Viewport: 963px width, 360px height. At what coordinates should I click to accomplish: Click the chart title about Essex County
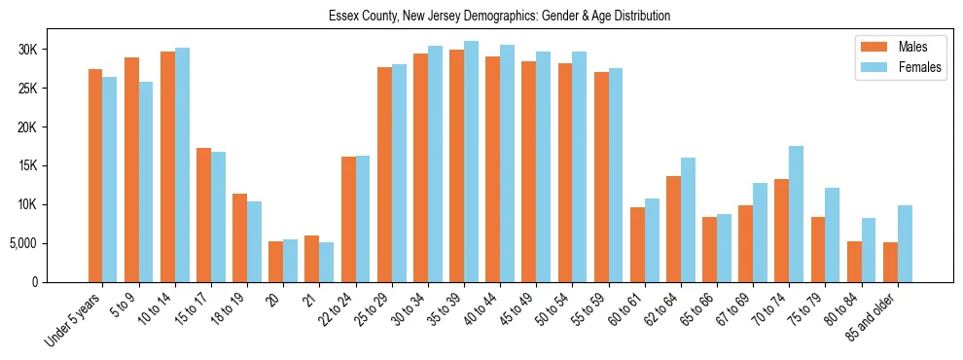click(499, 17)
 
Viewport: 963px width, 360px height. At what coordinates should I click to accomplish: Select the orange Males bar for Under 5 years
click(95, 175)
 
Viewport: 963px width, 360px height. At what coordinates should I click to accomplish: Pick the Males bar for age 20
click(276, 262)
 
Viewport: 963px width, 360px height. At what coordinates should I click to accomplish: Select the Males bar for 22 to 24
click(348, 219)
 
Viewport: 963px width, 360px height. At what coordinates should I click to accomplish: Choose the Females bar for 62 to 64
click(688, 220)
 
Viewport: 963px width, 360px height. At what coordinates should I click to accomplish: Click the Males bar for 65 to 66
click(710, 249)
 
